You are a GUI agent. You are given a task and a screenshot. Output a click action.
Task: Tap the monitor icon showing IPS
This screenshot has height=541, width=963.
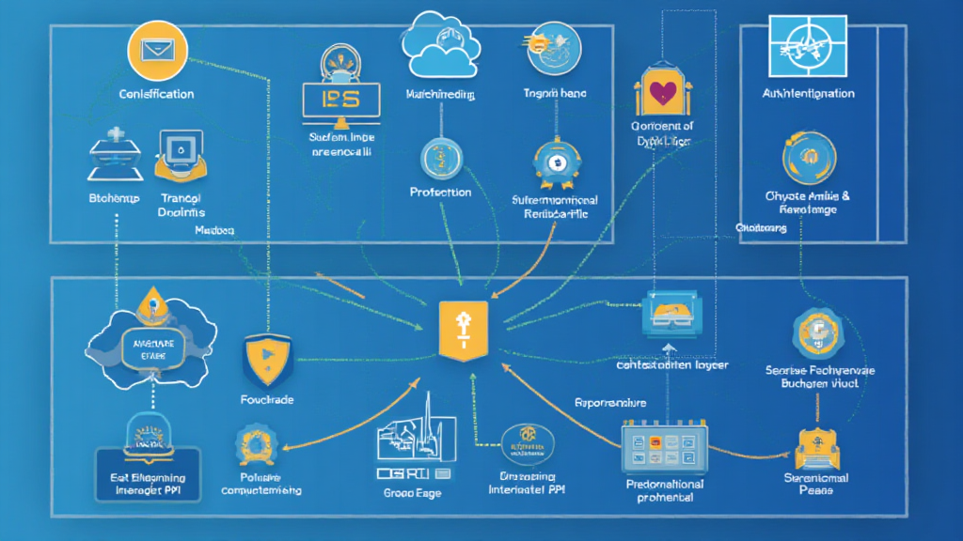click(340, 100)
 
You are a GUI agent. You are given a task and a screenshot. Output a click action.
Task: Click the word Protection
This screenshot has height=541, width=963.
click(440, 192)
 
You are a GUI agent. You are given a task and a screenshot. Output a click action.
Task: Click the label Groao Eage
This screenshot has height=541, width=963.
click(412, 493)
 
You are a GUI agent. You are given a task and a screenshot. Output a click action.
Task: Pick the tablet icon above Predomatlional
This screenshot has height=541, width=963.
click(665, 447)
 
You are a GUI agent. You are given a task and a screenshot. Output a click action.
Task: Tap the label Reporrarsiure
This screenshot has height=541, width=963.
click(610, 402)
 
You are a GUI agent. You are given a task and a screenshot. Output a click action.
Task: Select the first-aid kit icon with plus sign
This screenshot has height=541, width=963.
click(114, 155)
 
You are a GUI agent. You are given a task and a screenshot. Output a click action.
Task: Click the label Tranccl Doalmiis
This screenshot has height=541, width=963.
click(182, 206)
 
